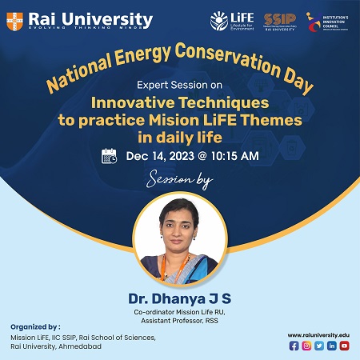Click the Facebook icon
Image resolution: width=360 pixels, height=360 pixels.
[x=294, y=345]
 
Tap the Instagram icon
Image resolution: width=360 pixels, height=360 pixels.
[x=306, y=345]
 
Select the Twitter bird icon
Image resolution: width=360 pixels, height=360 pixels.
[x=319, y=345]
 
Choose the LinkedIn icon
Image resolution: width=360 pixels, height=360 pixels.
[x=331, y=345]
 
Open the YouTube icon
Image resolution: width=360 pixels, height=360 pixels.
[x=344, y=345]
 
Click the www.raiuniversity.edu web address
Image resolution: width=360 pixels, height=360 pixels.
[x=318, y=334]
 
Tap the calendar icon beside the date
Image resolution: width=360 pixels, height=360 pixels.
[x=110, y=156]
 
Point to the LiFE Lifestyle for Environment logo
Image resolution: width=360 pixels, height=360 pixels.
[x=232, y=20]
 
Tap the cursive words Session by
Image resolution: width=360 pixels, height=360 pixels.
[x=179, y=182]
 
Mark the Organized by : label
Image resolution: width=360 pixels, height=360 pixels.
[x=35, y=327]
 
